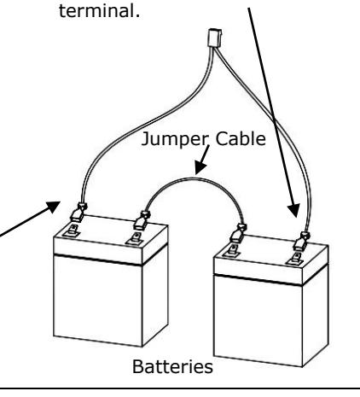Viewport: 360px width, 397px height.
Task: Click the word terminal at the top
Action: pos(99,11)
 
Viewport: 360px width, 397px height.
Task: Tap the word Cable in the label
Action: pos(241,138)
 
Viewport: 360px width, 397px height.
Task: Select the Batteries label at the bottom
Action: pos(172,366)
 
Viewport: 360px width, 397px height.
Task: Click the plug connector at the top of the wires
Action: pos(215,38)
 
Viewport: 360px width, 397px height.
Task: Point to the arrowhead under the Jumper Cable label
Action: pos(200,167)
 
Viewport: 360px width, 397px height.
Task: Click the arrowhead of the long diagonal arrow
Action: pos(294,211)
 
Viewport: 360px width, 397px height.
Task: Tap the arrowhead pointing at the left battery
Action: pos(52,206)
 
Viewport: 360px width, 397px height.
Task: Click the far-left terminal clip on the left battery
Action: pos(78,213)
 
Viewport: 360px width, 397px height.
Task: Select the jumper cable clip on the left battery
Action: pos(142,220)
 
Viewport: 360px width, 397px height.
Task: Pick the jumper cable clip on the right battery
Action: pos(238,234)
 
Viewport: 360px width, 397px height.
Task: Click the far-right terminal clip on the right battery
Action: pos(302,242)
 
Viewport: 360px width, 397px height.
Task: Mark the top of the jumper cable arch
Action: pos(194,179)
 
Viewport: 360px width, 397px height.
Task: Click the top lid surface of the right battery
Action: pos(270,250)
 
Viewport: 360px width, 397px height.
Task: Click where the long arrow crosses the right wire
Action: pos(274,119)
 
